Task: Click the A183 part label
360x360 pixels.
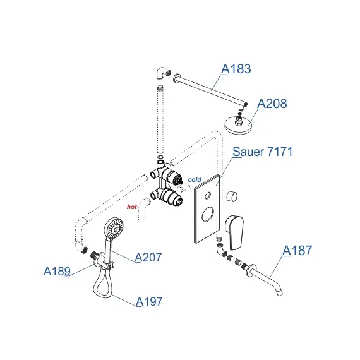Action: pos(236,69)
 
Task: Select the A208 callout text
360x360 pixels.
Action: pos(272,104)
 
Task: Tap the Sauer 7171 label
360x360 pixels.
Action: pos(263,152)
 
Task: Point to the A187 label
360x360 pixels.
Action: pos(297,250)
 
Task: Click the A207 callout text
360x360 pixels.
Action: pos(148,257)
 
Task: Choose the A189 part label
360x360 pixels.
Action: pos(57,271)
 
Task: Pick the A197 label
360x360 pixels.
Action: pos(149,301)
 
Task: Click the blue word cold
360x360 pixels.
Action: pos(195,179)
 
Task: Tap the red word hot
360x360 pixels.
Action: pos(132,207)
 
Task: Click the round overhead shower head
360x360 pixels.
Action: pos(239,125)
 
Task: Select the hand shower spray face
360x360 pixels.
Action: pos(114,229)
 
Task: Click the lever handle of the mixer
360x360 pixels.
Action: pos(234,232)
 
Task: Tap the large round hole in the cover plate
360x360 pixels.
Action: pos(208,214)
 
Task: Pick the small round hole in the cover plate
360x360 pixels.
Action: pos(208,195)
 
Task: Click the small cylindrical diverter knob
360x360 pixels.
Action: pos(232,196)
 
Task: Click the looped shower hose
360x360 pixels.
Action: pos(103,284)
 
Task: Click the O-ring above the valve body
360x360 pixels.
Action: pos(160,157)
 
